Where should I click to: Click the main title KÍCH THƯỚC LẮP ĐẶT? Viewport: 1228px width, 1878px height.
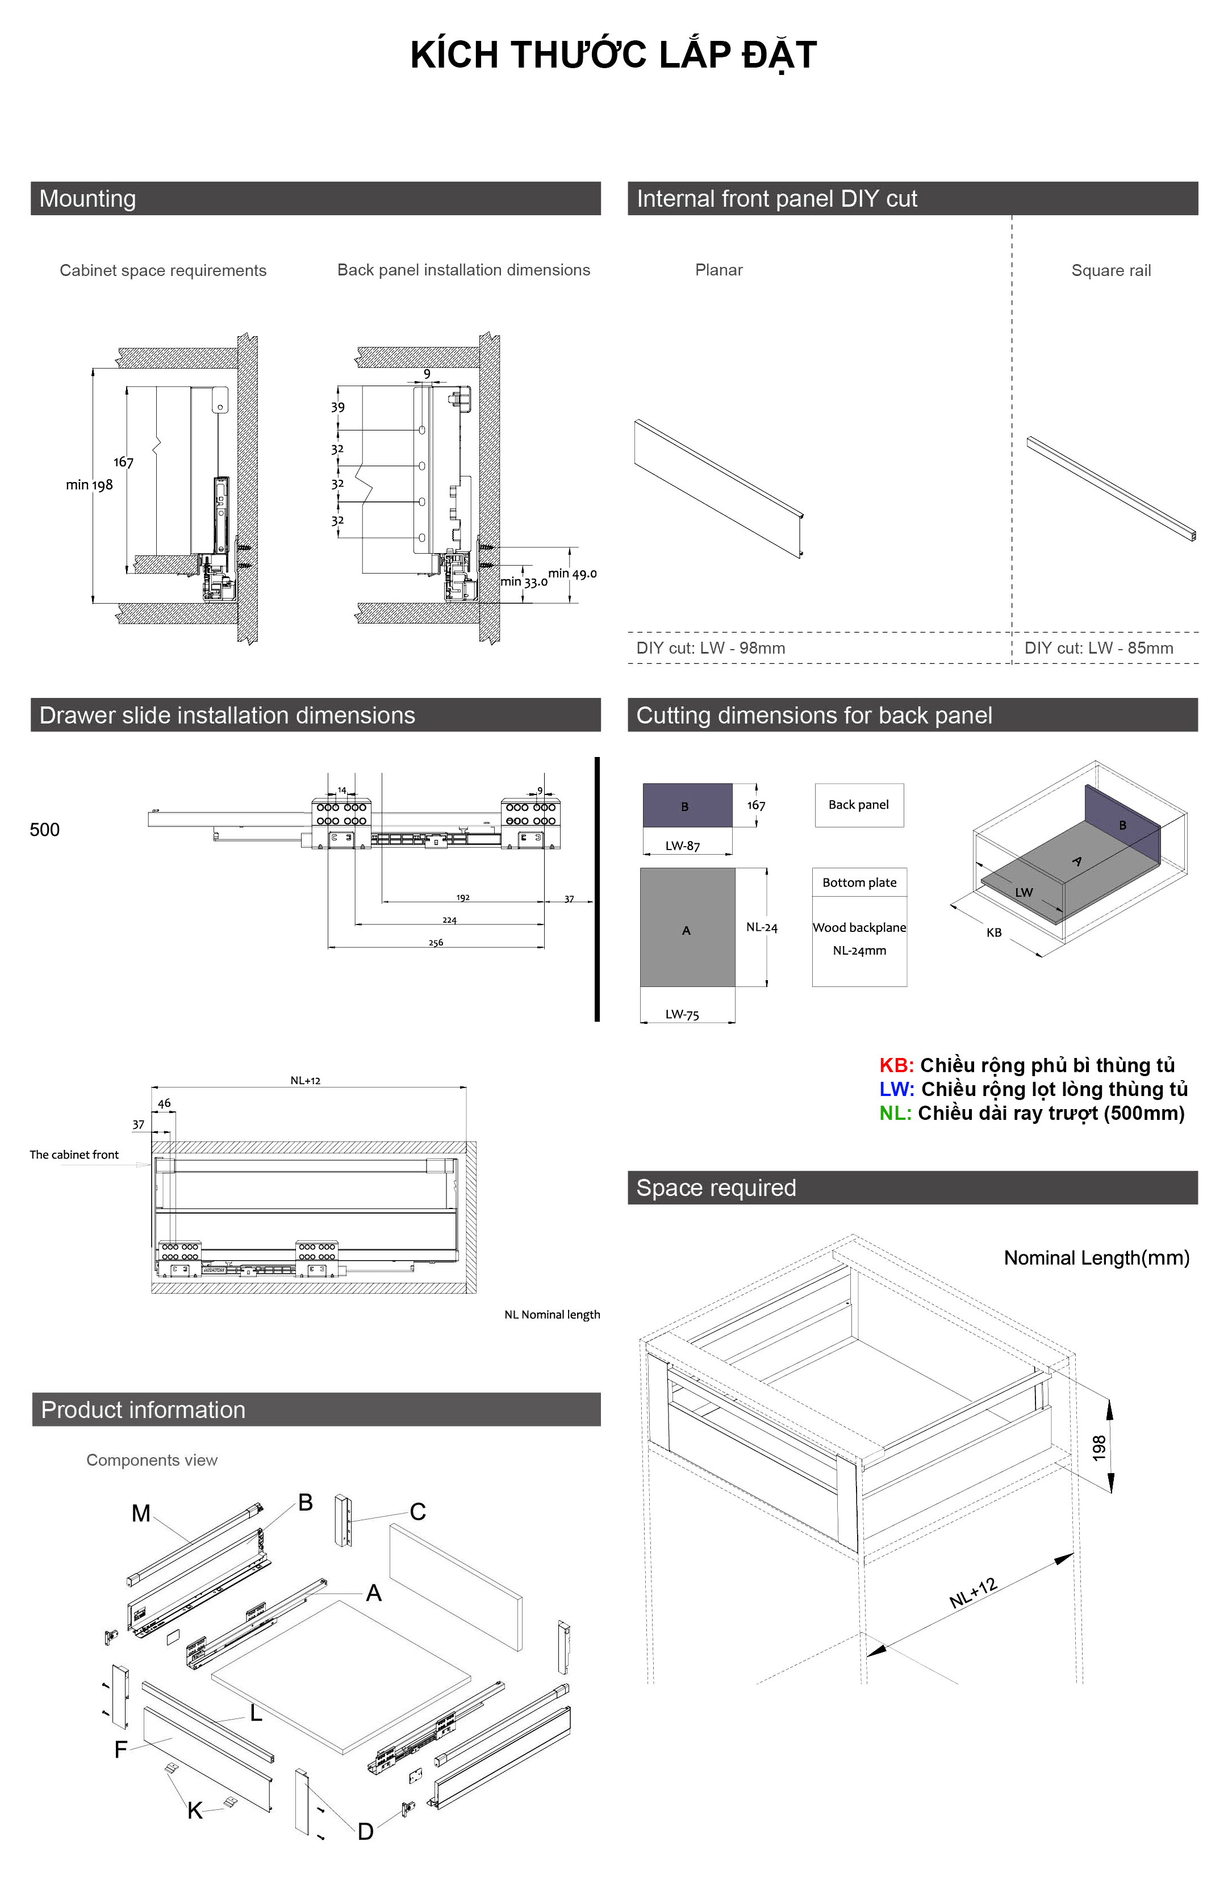[613, 55]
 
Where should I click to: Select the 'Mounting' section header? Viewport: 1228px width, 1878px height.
[87, 199]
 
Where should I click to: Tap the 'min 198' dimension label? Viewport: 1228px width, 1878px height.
[89, 484]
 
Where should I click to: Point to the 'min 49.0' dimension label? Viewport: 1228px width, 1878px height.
[572, 574]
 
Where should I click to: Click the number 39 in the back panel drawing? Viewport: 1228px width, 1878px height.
[338, 407]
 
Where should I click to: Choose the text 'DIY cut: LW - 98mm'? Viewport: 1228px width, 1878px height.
[711, 648]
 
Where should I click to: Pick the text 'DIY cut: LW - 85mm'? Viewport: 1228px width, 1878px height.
[1098, 648]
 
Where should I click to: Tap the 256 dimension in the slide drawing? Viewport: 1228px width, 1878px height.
[436, 942]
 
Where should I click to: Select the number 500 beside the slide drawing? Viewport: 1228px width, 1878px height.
[45, 829]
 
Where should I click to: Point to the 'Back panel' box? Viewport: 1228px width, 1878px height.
[859, 805]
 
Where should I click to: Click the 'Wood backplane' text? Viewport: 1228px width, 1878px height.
[859, 927]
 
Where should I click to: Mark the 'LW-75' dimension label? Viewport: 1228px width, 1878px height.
[682, 1015]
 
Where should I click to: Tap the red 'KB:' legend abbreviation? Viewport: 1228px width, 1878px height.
[896, 1065]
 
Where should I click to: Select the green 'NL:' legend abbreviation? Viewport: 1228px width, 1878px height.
[895, 1114]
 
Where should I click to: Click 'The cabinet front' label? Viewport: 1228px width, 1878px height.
[74, 1155]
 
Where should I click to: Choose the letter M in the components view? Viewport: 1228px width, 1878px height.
[140, 1513]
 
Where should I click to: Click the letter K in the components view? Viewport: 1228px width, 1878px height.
[195, 1811]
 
